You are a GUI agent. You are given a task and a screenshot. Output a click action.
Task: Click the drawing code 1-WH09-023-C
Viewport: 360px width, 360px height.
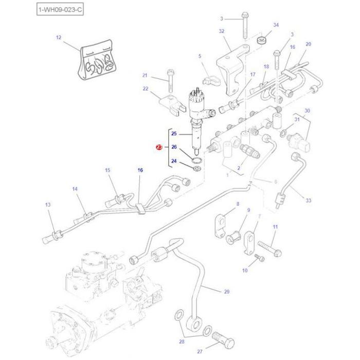pyautogui.click(x=60, y=9)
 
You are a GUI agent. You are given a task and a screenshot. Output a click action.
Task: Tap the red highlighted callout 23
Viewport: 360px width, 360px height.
pyautogui.click(x=159, y=148)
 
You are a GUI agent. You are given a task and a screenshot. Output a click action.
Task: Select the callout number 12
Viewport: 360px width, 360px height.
pyautogui.click(x=58, y=38)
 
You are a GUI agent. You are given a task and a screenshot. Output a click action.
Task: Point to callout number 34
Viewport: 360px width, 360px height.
pyautogui.click(x=276, y=25)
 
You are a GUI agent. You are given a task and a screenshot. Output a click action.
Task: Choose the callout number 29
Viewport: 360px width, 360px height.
pyautogui.click(x=227, y=292)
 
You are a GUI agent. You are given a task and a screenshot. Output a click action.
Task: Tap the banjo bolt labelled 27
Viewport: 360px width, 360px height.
pyautogui.click(x=222, y=340)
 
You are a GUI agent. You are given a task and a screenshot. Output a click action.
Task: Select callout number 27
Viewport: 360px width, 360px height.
pyautogui.click(x=200, y=352)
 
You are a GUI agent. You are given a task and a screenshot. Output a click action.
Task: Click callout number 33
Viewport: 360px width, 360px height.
pyautogui.click(x=308, y=200)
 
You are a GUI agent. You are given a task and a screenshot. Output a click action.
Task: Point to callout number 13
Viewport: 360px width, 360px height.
pyautogui.click(x=48, y=205)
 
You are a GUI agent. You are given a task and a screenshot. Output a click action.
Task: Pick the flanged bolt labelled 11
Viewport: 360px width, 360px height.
pyautogui.click(x=269, y=248)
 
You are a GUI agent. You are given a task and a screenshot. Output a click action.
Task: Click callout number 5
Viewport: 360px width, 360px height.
pyautogui.click(x=200, y=56)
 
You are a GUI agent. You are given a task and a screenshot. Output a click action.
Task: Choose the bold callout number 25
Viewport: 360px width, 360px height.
pyautogui.click(x=174, y=134)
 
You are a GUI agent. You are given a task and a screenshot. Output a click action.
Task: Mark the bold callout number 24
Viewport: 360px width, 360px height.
pyautogui.click(x=174, y=161)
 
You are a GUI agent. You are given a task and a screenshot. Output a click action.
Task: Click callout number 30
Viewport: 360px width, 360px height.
pyautogui.click(x=307, y=111)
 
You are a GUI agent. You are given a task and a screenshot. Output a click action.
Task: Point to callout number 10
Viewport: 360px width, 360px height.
pyautogui.click(x=245, y=271)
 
